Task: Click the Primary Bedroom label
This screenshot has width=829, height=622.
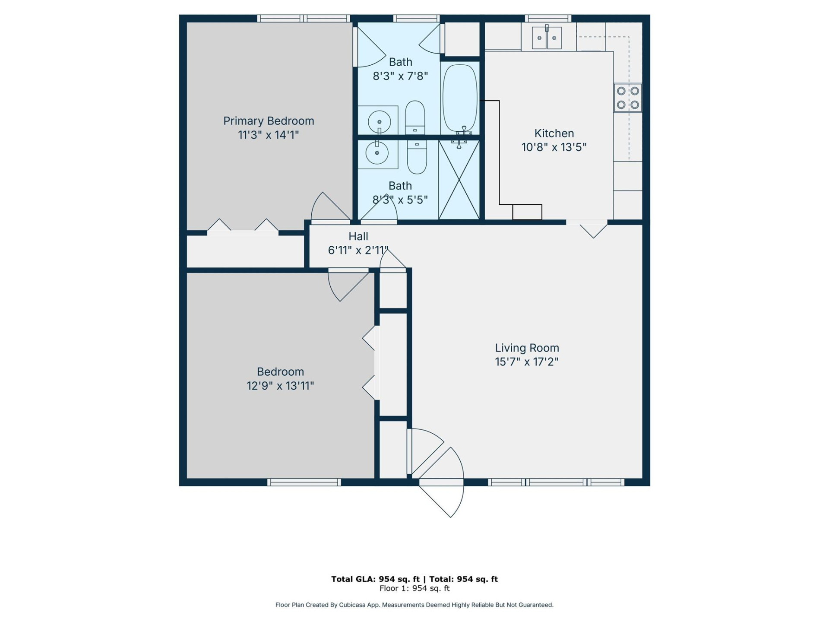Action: click(x=268, y=121)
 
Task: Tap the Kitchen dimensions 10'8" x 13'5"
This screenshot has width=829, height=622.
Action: click(x=554, y=147)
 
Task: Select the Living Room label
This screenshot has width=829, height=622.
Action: click(x=526, y=348)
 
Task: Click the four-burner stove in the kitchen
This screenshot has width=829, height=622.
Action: click(x=627, y=98)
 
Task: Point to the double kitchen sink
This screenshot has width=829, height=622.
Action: click(x=546, y=38)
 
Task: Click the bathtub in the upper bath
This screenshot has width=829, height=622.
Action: click(x=460, y=98)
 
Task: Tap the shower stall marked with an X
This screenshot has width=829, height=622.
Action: click(x=459, y=179)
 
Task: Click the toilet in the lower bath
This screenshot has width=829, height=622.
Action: click(x=417, y=156)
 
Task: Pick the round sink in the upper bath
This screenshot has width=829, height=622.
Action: click(x=379, y=122)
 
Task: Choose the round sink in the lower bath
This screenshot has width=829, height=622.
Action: click(x=377, y=153)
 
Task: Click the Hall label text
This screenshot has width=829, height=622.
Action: click(x=358, y=236)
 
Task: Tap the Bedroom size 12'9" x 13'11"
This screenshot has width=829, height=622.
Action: click(x=280, y=386)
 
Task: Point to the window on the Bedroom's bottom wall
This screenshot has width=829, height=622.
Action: click(x=304, y=482)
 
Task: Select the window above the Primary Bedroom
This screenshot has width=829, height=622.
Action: click(x=303, y=18)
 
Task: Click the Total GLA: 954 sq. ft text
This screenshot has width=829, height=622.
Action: click(x=375, y=579)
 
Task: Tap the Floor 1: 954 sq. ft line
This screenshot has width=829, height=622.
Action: click(x=414, y=588)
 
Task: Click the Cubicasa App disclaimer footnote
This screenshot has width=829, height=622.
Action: click(x=414, y=605)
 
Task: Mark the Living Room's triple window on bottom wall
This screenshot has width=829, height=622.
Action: click(x=556, y=482)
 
